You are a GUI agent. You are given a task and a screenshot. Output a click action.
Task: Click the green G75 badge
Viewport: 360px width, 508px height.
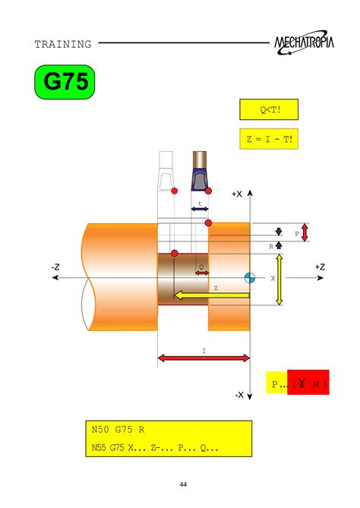click(x=65, y=83)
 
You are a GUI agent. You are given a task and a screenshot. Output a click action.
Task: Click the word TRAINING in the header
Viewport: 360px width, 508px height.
click(x=62, y=44)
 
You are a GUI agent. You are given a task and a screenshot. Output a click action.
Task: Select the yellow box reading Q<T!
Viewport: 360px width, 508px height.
click(x=269, y=110)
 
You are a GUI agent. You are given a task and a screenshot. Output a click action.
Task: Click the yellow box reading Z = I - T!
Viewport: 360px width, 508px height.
click(x=269, y=140)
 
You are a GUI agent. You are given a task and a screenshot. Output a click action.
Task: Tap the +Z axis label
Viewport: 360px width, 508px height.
click(x=319, y=267)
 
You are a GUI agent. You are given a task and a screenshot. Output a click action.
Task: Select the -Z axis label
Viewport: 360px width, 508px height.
click(x=56, y=267)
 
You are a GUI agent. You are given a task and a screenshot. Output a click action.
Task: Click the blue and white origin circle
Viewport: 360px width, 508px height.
click(x=249, y=278)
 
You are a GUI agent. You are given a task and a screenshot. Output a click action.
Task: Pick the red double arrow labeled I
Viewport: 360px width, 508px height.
click(x=204, y=358)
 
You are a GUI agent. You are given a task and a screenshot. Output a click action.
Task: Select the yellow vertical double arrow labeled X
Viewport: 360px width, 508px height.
click(x=279, y=279)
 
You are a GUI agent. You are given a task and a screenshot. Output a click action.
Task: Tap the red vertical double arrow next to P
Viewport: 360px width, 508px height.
click(x=305, y=232)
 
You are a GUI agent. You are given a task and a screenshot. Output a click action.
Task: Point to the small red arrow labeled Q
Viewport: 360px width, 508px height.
click(x=201, y=273)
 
